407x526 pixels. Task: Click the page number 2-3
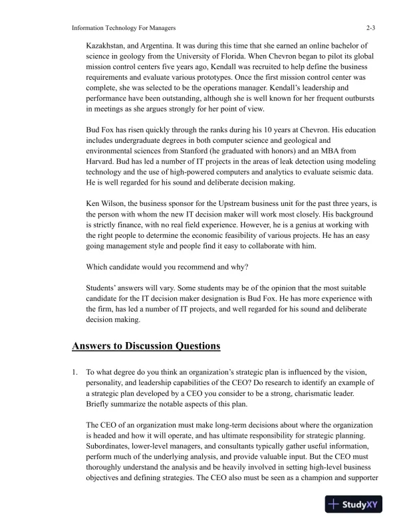click(370, 28)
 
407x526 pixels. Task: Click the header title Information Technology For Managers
click(123, 28)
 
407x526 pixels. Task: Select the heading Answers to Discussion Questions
click(146, 346)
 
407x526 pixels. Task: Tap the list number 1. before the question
click(76, 373)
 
